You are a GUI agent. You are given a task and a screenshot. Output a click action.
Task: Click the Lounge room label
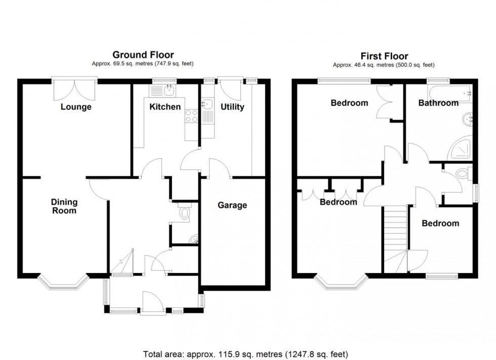(76, 107)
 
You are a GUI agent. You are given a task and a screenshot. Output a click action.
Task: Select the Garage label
(232, 205)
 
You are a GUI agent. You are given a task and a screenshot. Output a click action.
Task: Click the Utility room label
(232, 107)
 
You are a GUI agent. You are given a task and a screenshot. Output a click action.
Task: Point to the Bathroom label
(438, 103)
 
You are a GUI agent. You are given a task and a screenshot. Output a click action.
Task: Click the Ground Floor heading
(143, 55)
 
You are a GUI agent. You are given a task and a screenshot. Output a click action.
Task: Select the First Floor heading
(384, 56)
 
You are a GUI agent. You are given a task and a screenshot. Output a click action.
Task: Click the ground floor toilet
(184, 213)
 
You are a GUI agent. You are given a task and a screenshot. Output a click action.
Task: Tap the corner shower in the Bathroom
(461, 149)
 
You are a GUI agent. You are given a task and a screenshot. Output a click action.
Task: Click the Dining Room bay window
(64, 283)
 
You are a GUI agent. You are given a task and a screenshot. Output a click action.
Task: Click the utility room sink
(206, 105)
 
